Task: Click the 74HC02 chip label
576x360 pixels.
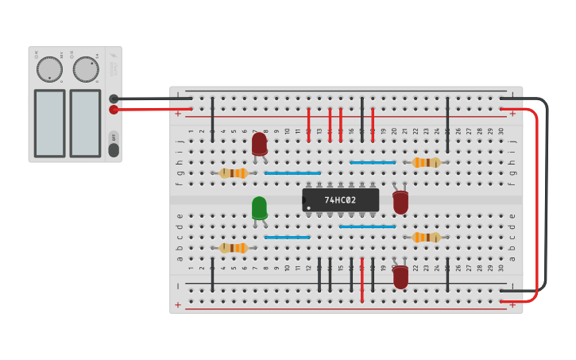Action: click(340, 200)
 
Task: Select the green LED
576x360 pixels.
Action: click(259, 208)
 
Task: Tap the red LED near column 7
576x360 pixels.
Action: click(259, 144)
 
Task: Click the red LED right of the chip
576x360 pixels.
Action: click(400, 202)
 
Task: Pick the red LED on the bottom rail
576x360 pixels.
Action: click(400, 277)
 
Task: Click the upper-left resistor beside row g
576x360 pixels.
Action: click(234, 173)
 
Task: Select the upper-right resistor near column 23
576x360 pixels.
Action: click(426, 163)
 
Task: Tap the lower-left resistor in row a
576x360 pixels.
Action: click(234, 248)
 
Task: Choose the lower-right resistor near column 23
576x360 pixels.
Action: click(426, 238)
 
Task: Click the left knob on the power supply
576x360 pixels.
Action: click(49, 69)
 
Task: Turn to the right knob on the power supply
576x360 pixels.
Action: click(86, 69)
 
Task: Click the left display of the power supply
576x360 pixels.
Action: click(49, 123)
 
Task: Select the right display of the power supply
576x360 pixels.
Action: click(85, 123)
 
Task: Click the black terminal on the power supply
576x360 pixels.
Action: click(114, 99)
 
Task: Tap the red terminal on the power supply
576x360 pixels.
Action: click(114, 110)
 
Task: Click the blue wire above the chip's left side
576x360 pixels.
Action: click(292, 173)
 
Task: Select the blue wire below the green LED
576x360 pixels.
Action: click(287, 238)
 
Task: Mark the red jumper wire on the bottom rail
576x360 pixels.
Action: click(361, 280)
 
